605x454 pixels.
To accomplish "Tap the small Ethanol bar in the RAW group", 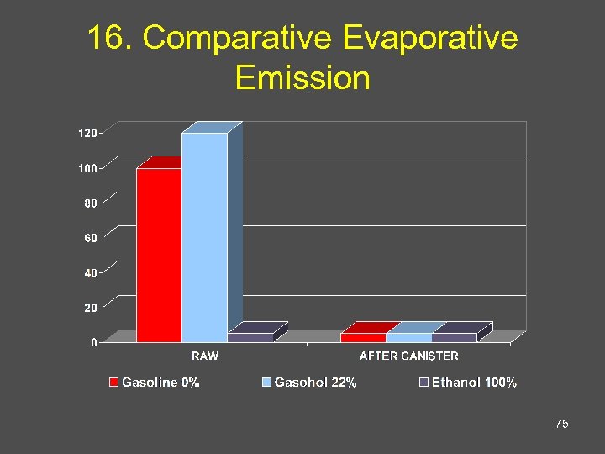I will tap(250, 337).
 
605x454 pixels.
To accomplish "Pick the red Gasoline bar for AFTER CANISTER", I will tap(363, 337).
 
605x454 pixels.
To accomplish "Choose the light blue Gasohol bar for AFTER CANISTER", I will tap(408, 337).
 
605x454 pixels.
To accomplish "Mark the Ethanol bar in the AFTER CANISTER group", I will tap(454, 337).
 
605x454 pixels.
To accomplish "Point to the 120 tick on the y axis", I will tap(87, 133).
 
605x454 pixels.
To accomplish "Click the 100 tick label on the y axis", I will tap(87, 168).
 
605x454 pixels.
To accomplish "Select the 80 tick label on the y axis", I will tap(89, 203).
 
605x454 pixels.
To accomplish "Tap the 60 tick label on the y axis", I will tap(89, 238).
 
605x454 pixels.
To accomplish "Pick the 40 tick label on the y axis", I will tap(89, 272).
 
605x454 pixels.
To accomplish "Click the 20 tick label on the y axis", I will tap(89, 308).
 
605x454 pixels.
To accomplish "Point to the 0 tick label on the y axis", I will tap(92, 342).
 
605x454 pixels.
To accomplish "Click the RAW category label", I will tap(204, 356).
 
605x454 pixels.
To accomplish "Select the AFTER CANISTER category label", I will tap(408, 356).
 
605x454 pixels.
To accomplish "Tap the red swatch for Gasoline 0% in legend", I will tap(113, 383).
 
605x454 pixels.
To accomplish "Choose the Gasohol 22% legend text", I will tap(315, 383).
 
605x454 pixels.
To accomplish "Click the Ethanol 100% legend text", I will tap(474, 383).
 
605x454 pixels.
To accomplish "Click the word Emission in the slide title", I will tap(302, 77).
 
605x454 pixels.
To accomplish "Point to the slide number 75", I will tap(562, 425).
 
